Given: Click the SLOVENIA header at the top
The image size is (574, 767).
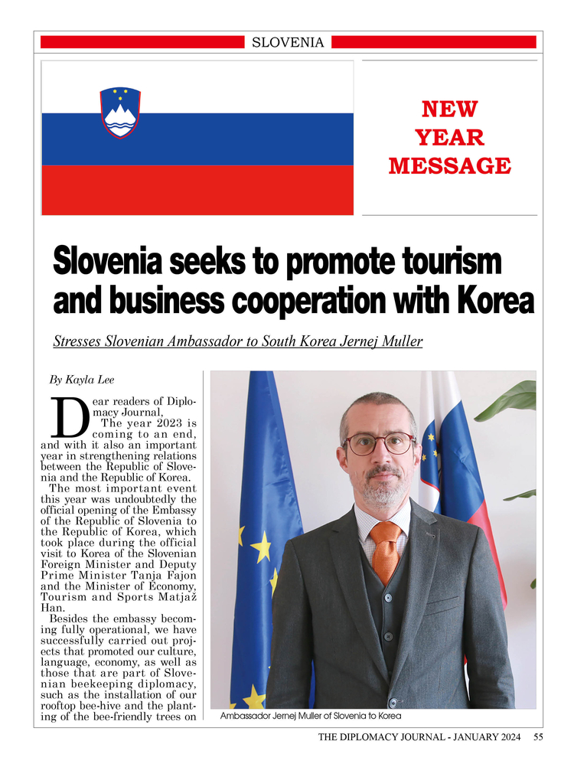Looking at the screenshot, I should point(288,43).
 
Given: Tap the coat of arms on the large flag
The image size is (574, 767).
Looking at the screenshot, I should point(120,113).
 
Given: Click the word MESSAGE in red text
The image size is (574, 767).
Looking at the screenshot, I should point(449,166).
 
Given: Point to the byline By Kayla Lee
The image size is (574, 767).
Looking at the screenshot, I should point(82,379).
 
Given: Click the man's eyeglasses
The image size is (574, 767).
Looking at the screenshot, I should point(379,443).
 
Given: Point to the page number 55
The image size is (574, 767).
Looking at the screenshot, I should point(538,737).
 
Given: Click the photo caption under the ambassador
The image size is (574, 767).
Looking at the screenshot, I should point(310,716).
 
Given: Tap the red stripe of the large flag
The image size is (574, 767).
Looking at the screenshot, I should point(197,190).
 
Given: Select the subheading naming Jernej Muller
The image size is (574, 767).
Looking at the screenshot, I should point(237,341).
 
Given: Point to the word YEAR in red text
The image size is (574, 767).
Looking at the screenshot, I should point(449,138).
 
